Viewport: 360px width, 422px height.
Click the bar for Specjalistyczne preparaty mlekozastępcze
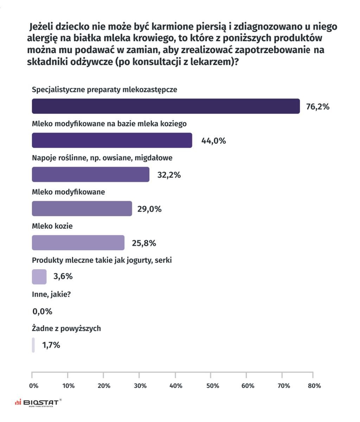tap(166, 106)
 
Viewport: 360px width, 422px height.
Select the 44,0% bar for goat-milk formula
tap(112, 140)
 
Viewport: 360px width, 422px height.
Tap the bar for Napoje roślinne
tap(90, 174)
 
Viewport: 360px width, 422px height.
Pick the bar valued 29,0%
tap(82, 209)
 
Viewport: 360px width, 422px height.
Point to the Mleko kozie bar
tap(78, 243)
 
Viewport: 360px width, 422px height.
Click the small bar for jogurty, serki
tap(39, 277)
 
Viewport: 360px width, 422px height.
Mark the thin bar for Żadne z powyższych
tap(33, 345)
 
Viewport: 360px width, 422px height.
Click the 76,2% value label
tap(317, 107)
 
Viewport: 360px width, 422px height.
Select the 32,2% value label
tap(169, 175)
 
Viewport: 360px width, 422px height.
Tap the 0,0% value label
tap(42, 311)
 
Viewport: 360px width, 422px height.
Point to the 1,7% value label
tap(51, 345)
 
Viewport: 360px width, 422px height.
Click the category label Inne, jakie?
tap(51, 294)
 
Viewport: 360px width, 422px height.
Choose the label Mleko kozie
tap(52, 226)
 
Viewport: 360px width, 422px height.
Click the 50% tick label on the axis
tap(212, 386)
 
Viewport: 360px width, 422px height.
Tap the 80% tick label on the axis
tap(314, 386)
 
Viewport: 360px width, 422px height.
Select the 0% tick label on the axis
tap(34, 386)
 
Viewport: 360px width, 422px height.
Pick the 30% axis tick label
tap(140, 386)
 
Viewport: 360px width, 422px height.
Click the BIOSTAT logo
tap(38, 402)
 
